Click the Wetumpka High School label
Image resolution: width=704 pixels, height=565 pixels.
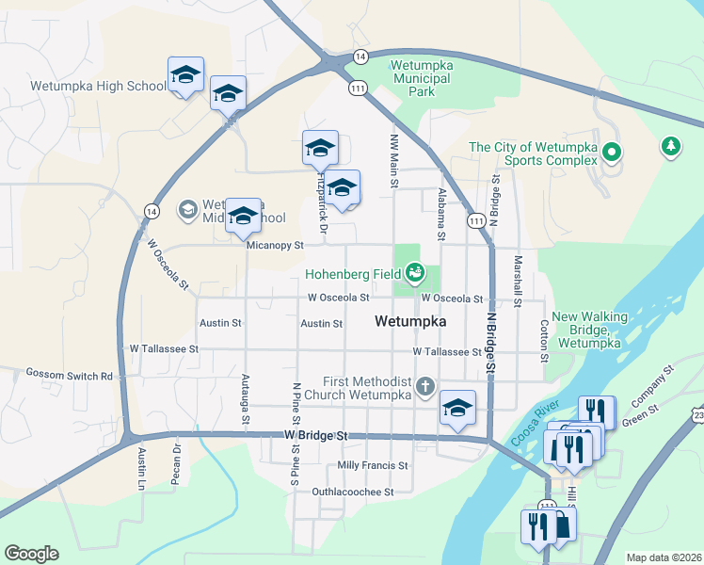[98, 86]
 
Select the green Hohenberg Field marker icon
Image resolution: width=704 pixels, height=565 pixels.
[412, 274]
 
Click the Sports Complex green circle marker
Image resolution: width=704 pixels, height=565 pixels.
[612, 151]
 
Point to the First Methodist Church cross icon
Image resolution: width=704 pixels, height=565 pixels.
[425, 385]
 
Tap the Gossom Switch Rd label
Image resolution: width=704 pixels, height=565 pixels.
[69, 376]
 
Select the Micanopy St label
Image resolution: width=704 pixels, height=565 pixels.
[274, 245]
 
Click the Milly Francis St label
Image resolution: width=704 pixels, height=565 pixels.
[373, 466]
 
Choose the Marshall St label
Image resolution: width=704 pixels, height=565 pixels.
[517, 282]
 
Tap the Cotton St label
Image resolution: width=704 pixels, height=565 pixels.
[544, 340]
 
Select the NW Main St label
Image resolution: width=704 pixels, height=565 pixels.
[395, 161]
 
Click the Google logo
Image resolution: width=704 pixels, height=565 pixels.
[32, 553]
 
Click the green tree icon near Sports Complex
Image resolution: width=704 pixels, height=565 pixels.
[670, 146]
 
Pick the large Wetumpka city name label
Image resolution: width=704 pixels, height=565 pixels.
[409, 321]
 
